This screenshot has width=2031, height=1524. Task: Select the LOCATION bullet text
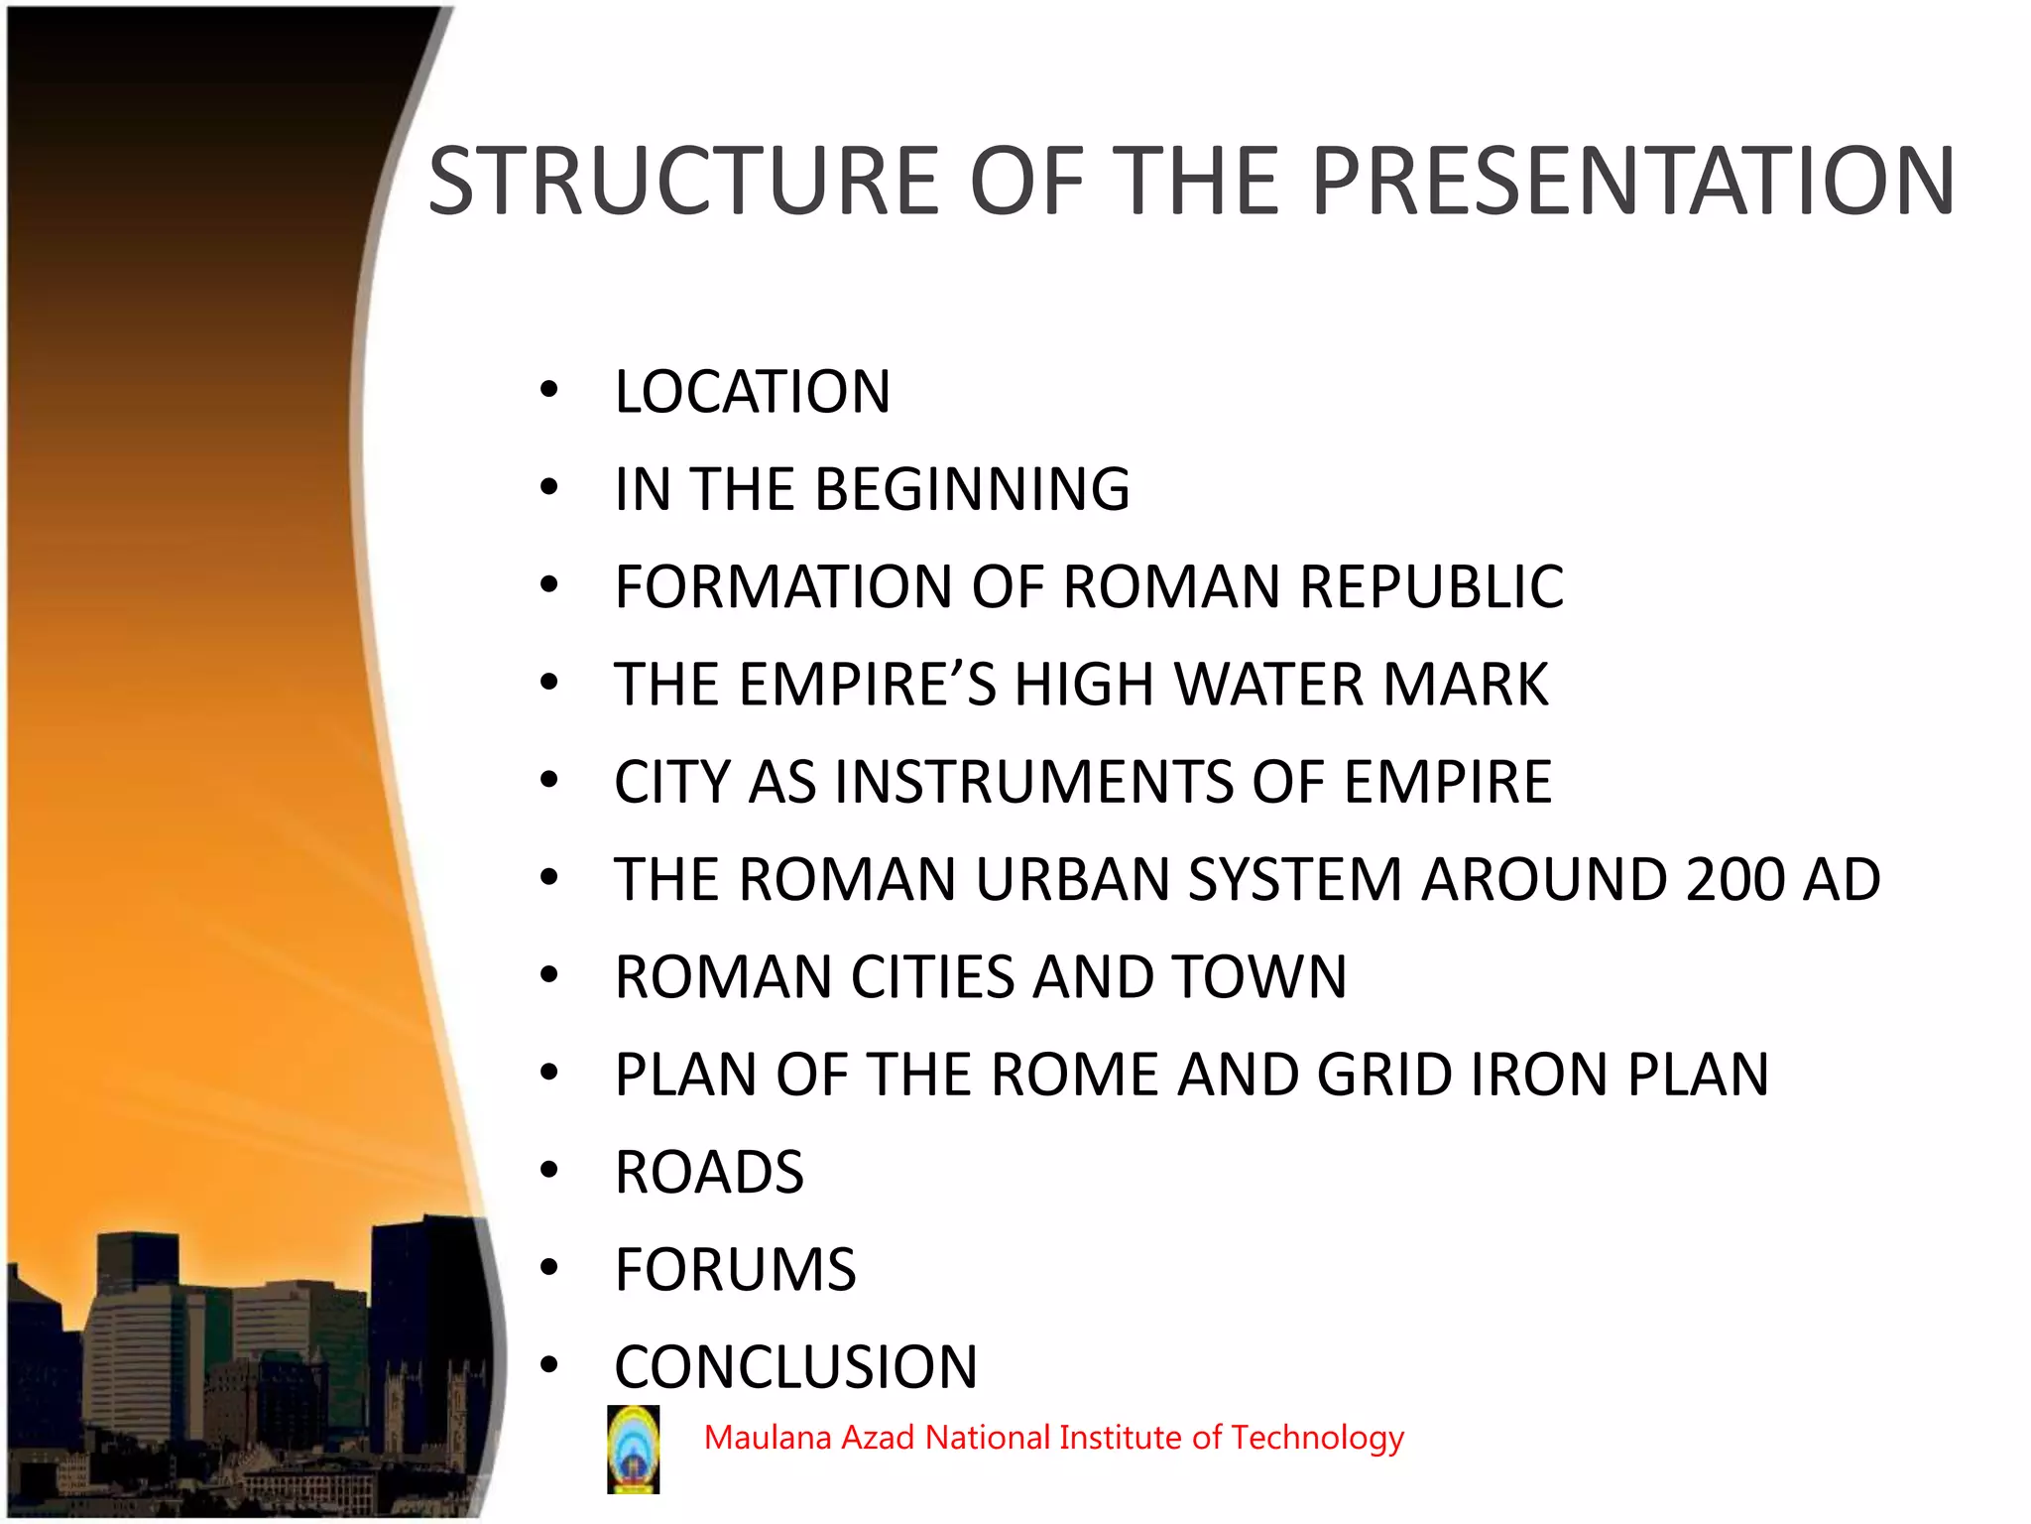[752, 392]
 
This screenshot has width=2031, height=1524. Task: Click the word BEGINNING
[972, 489]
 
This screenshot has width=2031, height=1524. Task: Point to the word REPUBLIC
[1431, 586]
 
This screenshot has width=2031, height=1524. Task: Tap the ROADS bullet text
[709, 1172]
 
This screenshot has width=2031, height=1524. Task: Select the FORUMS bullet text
[735, 1269]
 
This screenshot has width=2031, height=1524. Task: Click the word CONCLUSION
[795, 1367]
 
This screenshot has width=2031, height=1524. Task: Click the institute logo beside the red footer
[633, 1449]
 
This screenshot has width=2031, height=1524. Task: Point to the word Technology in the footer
[1317, 1438]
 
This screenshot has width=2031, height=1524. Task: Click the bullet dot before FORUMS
[549, 1268]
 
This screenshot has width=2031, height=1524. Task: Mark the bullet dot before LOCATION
[549, 390]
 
